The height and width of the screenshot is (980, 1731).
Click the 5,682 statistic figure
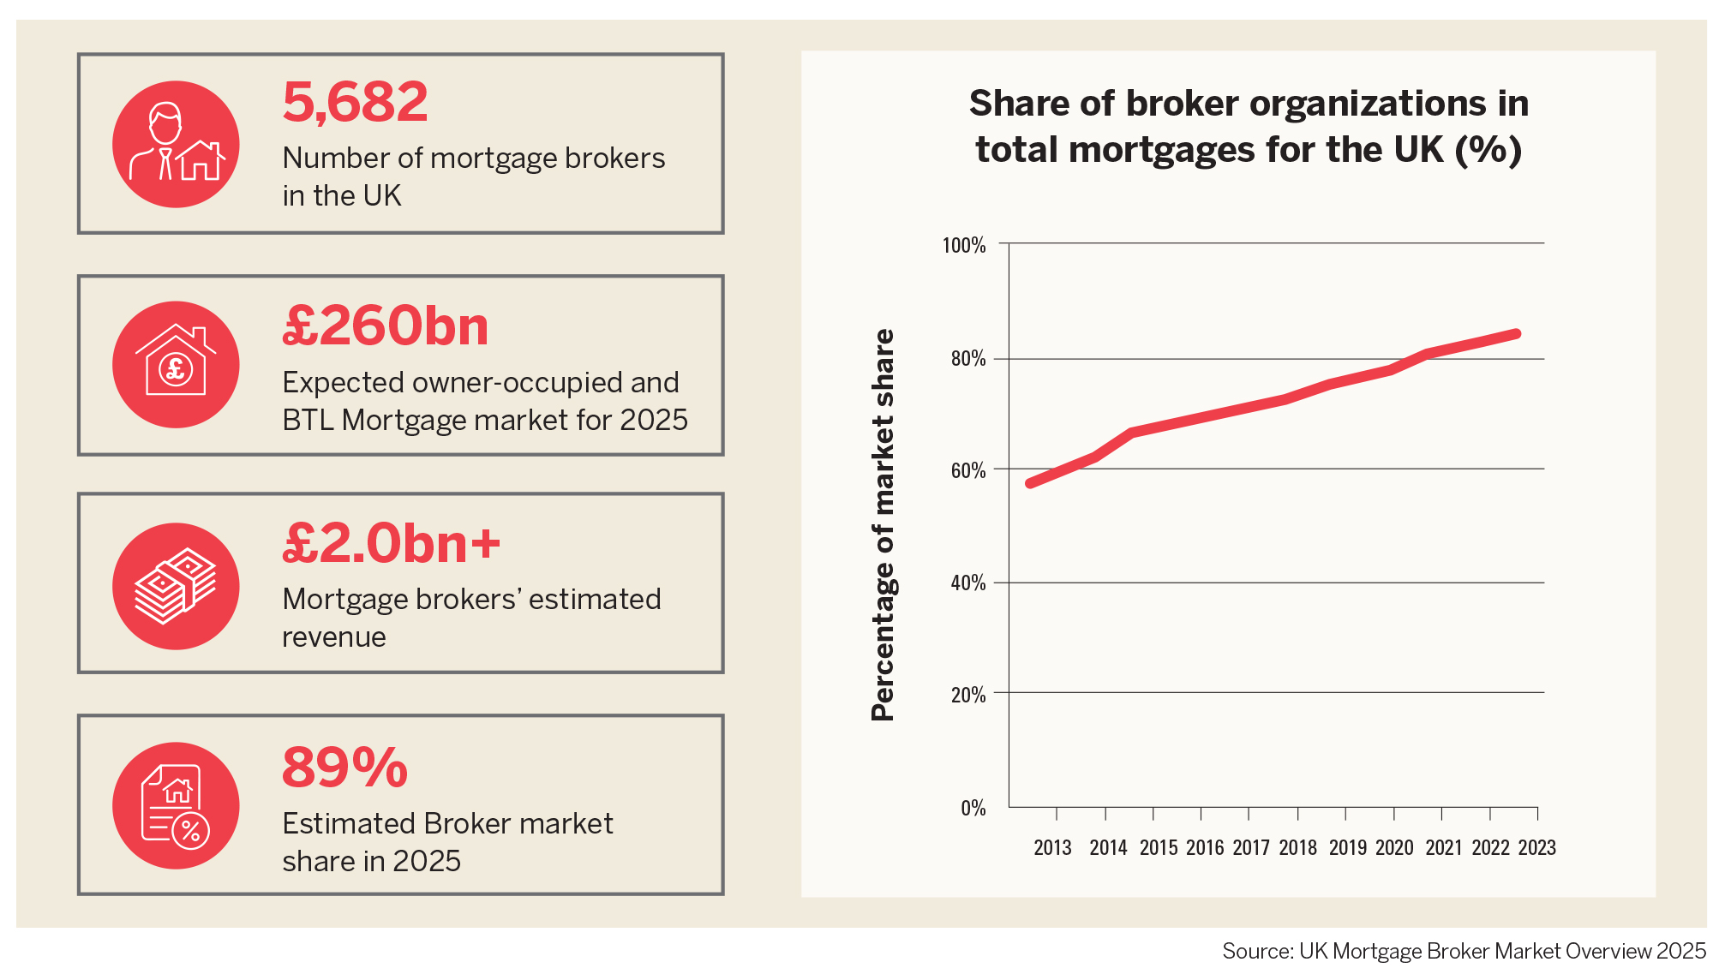[355, 102]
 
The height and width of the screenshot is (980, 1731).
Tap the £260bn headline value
[385, 326]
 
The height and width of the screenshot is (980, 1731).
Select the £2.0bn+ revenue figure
[391, 544]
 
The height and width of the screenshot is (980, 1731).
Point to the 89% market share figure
[344, 768]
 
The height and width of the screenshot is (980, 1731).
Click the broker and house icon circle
[176, 144]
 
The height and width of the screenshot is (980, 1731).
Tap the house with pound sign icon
[176, 364]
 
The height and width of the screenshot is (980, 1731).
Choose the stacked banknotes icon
[176, 586]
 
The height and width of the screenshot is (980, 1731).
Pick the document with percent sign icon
[176, 805]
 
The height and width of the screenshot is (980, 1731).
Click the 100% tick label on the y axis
[964, 246]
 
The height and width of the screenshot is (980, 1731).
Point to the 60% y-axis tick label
[968, 470]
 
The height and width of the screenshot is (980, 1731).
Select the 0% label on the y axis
[973, 808]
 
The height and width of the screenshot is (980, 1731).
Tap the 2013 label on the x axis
[1052, 847]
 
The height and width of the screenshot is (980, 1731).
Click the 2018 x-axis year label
[1297, 847]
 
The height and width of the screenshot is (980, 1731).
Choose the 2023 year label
[1536, 847]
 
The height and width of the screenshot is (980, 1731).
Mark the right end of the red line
[1517, 334]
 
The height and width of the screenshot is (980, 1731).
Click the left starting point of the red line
[1030, 484]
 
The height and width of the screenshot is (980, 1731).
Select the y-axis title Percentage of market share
[883, 524]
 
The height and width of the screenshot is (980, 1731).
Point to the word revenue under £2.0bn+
[333, 637]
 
